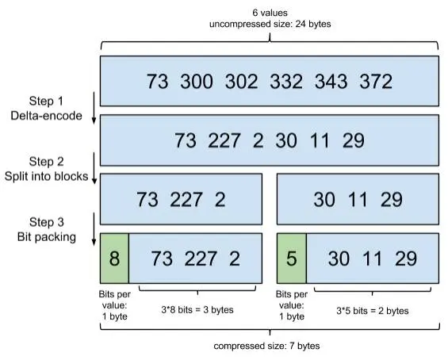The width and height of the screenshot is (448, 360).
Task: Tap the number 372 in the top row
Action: pos(376,82)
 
